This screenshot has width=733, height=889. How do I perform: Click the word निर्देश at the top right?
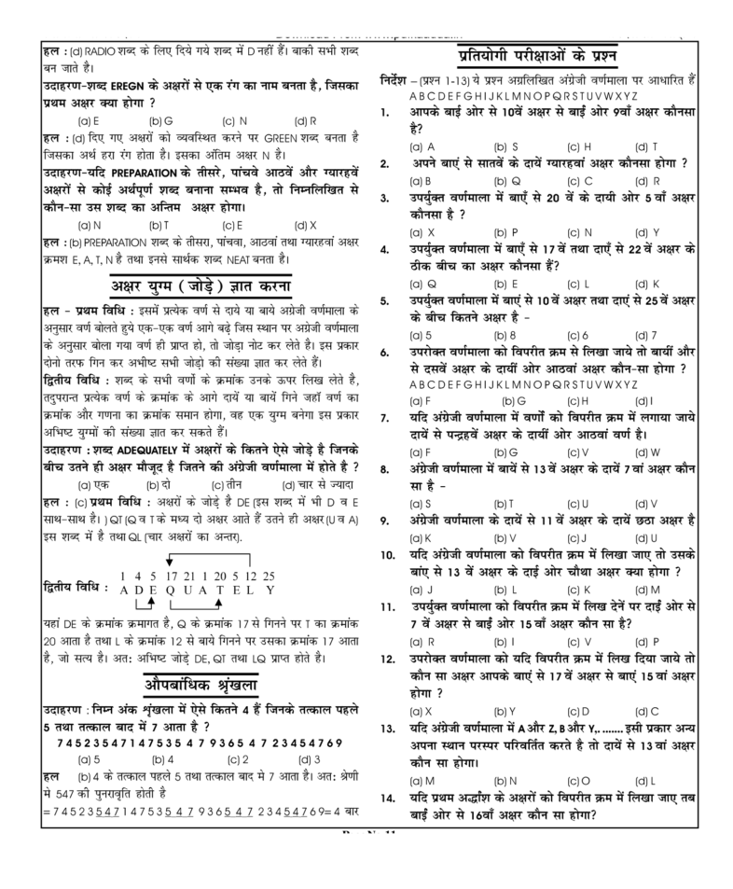coord(399,80)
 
